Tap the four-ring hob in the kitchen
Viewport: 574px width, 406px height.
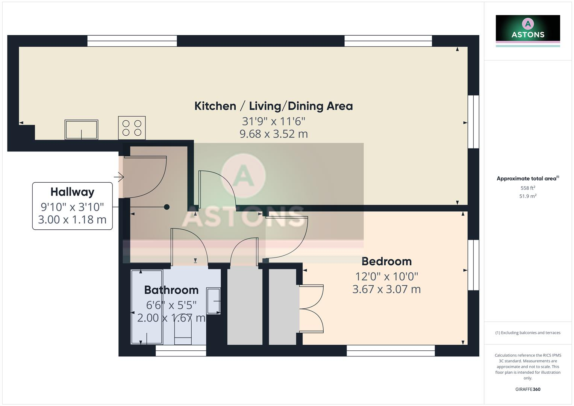[x=132, y=128]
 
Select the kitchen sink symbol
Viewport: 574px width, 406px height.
[x=81, y=130]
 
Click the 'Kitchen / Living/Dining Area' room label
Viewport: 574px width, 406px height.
[x=273, y=106]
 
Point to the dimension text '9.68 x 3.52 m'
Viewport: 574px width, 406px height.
[x=273, y=134]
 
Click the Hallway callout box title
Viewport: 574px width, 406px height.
[x=72, y=192]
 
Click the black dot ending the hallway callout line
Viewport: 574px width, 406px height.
[x=167, y=207]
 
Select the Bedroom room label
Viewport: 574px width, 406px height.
[x=386, y=261]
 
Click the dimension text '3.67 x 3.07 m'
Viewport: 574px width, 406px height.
[x=386, y=289]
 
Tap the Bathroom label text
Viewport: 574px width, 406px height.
[x=171, y=290]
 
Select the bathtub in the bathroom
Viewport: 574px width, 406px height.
[x=147, y=307]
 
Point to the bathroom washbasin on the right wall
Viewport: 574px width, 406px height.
[x=214, y=301]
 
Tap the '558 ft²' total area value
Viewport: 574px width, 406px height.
[x=527, y=188]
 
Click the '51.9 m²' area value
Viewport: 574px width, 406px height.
[x=527, y=196]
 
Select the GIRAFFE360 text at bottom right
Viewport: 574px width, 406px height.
[x=527, y=389]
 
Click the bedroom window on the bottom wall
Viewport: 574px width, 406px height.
[x=391, y=351]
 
